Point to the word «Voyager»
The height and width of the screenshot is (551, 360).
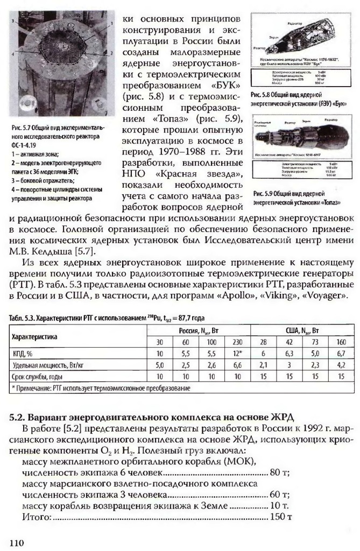(329, 295)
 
